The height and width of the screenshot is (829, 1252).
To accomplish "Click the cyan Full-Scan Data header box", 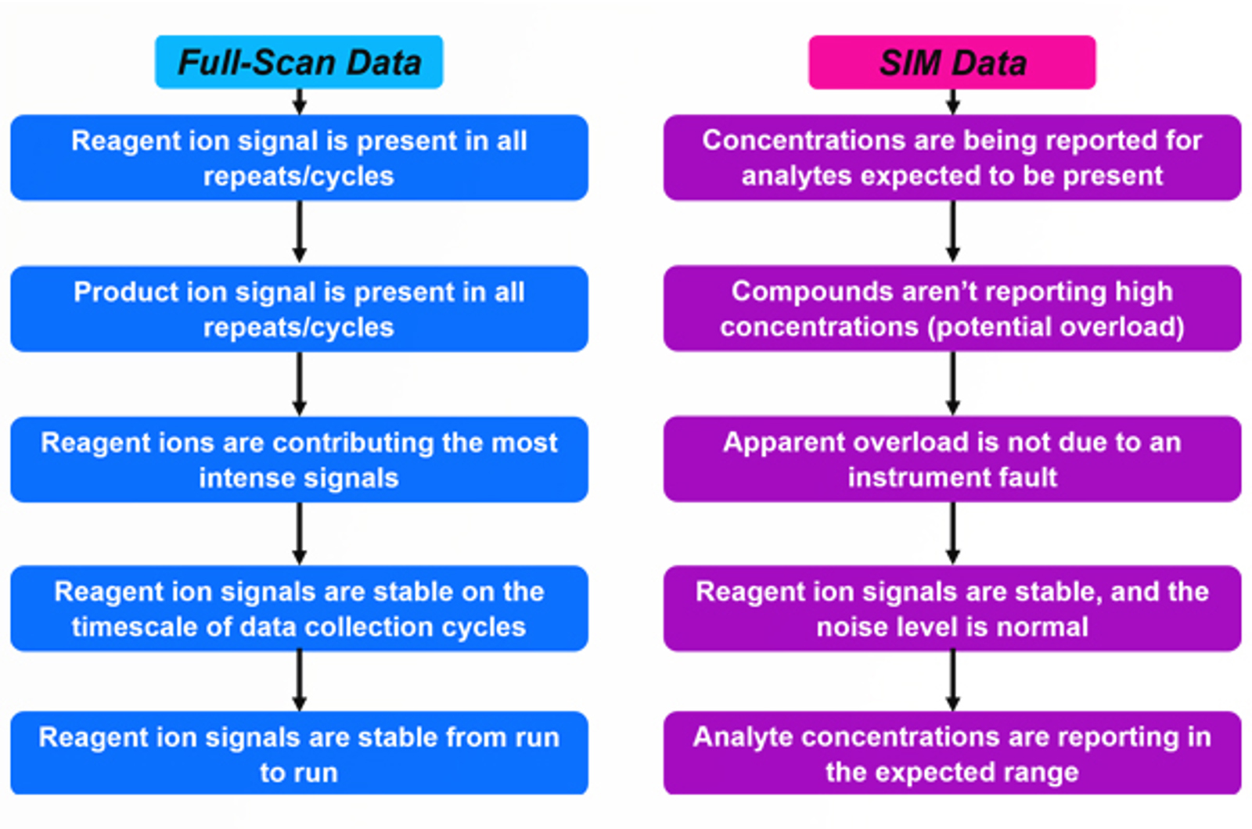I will point(299,62).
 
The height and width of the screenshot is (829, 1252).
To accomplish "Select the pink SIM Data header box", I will point(952,62).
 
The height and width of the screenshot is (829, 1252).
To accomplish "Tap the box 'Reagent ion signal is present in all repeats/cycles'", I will point(299,158).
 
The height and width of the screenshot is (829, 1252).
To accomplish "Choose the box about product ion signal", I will point(299,309).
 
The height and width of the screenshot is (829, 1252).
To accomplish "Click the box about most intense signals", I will point(299,460).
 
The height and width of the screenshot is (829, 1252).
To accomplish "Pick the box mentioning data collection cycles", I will point(299,608).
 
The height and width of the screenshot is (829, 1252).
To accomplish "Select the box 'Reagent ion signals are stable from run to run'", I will point(299,754).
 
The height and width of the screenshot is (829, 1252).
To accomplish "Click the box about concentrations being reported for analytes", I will point(952,158).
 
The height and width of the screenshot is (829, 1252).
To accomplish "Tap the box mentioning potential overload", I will point(952,309).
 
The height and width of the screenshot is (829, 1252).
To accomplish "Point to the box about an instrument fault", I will point(952,459).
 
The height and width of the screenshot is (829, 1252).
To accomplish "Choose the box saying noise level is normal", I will point(952,608).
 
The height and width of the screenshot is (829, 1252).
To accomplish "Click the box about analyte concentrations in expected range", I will point(952,754).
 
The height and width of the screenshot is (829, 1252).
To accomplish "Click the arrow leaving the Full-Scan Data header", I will point(299,102).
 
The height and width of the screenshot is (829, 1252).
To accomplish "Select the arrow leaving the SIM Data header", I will point(952,102).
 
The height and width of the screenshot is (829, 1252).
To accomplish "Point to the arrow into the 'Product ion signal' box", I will point(299,232).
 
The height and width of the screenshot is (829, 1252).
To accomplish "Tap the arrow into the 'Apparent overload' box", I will point(952,383).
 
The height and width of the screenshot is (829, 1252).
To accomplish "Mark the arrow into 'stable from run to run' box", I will point(299,680).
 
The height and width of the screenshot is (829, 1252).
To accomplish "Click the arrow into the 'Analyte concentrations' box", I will point(952,680).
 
